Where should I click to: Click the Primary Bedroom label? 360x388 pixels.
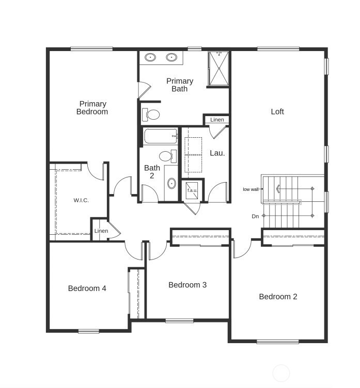pyautogui.click(x=93, y=108)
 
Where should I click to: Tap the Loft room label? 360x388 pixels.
pyautogui.click(x=277, y=111)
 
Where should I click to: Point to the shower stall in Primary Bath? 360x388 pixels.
pyautogui.click(x=218, y=68)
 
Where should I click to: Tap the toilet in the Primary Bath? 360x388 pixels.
pyautogui.click(x=152, y=114)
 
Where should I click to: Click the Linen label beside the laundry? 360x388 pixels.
pyautogui.click(x=217, y=120)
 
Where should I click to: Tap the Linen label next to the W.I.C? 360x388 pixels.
pyautogui.click(x=101, y=231)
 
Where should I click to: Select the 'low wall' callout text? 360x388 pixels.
pyautogui.click(x=251, y=189)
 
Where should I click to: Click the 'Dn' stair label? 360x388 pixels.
pyautogui.click(x=255, y=216)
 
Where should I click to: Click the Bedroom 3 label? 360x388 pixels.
pyautogui.click(x=187, y=285)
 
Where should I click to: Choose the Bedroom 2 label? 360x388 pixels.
pyautogui.click(x=278, y=297)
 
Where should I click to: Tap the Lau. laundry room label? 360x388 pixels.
pyautogui.click(x=217, y=153)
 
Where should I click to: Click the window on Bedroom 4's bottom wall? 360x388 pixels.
pyautogui.click(x=88, y=331)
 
